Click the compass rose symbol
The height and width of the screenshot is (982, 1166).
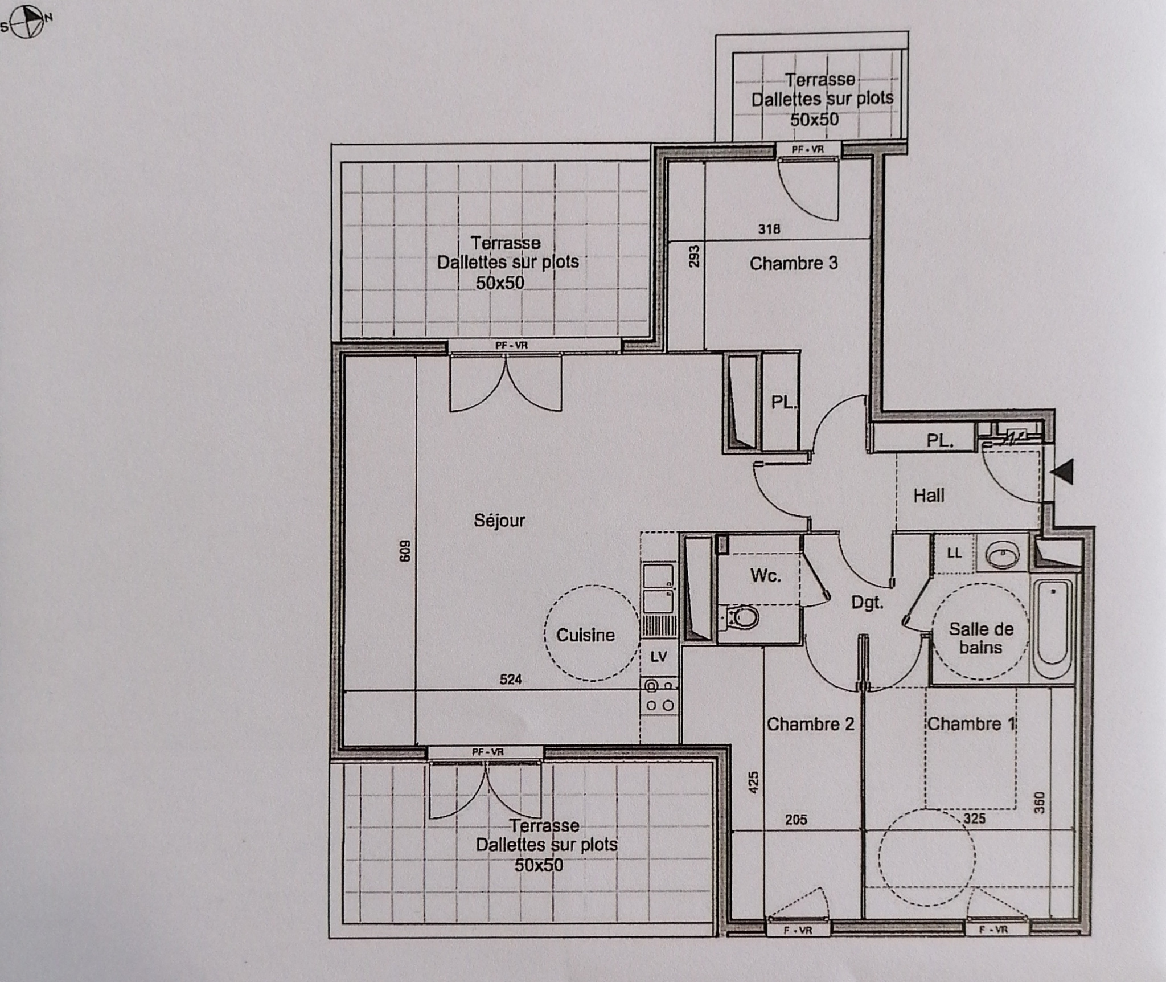click(x=27, y=23)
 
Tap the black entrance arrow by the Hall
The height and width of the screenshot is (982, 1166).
click(x=1062, y=472)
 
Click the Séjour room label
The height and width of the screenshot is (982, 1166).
click(x=499, y=520)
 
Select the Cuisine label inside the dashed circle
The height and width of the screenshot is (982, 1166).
click(x=585, y=635)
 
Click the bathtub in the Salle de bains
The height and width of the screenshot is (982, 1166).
click(x=1053, y=629)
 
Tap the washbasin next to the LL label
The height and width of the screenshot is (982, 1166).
click(x=1003, y=553)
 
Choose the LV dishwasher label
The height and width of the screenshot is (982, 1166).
click(x=659, y=657)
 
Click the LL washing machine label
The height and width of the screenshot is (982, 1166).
click(x=955, y=553)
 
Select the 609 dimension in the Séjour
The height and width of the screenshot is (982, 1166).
click(x=404, y=551)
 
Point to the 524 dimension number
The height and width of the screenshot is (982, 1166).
click(x=511, y=679)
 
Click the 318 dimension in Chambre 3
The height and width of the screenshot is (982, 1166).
click(x=769, y=229)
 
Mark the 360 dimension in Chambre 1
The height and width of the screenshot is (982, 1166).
click(x=1039, y=803)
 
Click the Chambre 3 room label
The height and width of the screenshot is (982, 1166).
click(x=794, y=263)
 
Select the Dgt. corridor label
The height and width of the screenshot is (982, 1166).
click(x=867, y=602)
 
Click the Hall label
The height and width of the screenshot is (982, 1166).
click(x=929, y=496)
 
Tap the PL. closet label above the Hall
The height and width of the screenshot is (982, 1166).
click(x=940, y=440)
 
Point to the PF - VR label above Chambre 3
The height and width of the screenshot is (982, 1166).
click(x=807, y=149)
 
